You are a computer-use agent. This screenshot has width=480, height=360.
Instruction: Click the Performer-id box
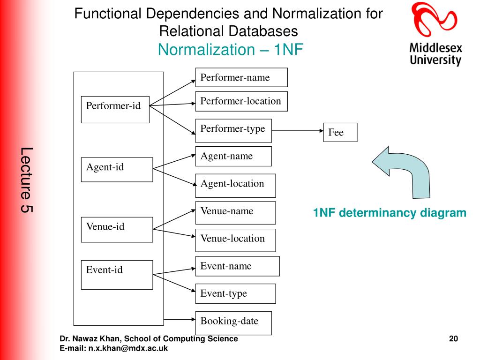click(x=115, y=110)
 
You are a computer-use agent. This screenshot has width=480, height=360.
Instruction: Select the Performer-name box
click(x=241, y=77)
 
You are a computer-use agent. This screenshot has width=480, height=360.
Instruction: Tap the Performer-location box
click(x=241, y=101)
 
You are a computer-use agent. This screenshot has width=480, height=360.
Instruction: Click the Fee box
click(x=340, y=132)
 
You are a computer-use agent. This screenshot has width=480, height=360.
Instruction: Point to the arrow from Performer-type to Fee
click(x=297, y=131)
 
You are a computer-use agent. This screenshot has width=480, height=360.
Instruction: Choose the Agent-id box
click(x=117, y=169)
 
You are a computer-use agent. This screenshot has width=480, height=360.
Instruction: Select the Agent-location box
click(x=235, y=185)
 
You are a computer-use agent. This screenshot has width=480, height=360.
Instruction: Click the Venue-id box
click(x=117, y=229)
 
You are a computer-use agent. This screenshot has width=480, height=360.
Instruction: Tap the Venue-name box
click(x=235, y=212)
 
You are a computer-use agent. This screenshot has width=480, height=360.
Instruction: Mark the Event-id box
click(x=117, y=274)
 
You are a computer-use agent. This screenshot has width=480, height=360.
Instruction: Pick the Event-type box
click(x=235, y=293)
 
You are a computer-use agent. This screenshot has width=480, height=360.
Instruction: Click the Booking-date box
click(x=233, y=322)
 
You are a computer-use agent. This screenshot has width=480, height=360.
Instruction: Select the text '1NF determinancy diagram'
click(x=390, y=213)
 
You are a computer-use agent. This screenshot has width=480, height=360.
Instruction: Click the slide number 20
click(x=453, y=339)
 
